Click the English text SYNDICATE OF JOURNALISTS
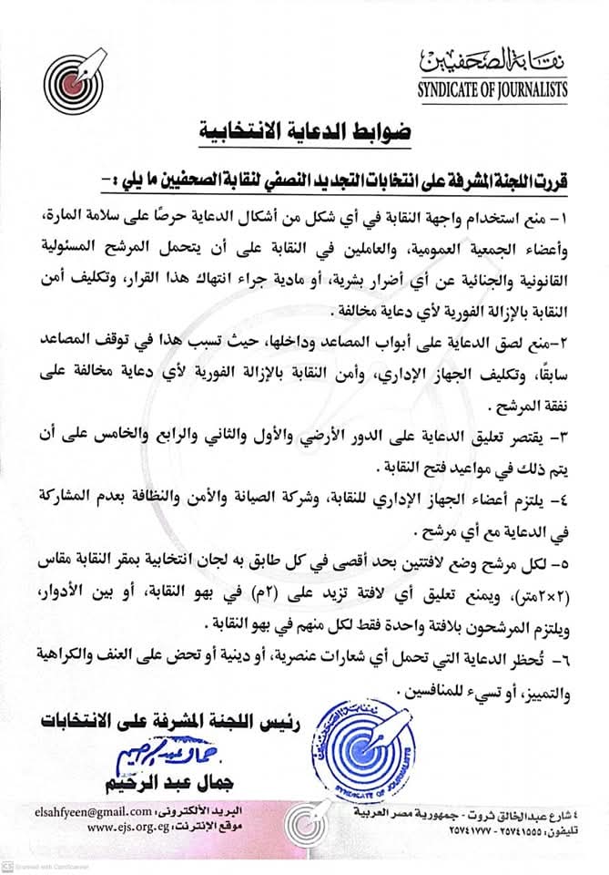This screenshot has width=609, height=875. pyautogui.click(x=492, y=89)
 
